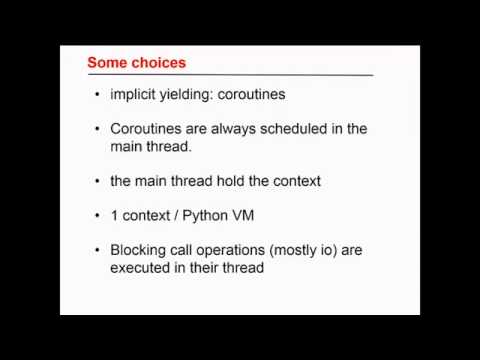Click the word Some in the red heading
tap(107, 63)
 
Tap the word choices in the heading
tap(158, 63)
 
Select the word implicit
tap(135, 95)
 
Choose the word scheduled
tap(301, 129)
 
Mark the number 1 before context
tap(114, 215)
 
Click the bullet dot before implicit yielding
tap(96, 96)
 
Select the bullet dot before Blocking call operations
tap(96, 250)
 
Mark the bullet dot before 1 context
tap(96, 216)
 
